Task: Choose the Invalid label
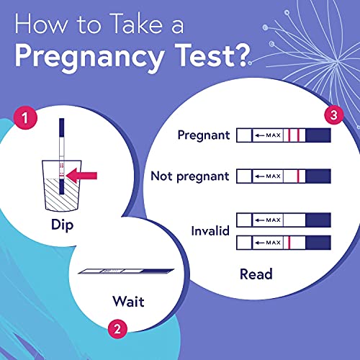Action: [209, 231]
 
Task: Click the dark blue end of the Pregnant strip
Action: [318, 135]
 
